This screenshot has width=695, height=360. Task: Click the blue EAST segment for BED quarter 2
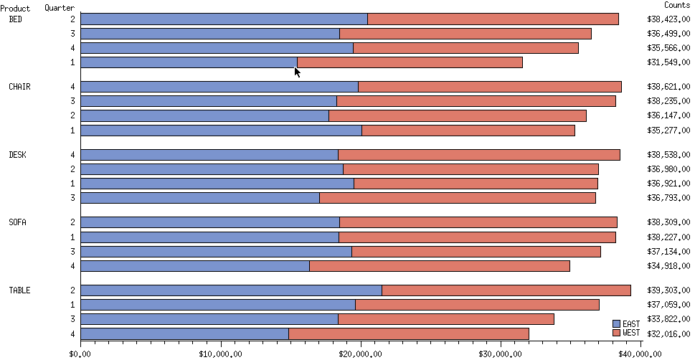click(224, 19)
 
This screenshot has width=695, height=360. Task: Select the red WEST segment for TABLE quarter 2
click(506, 290)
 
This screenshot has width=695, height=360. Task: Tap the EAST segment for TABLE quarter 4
click(184, 333)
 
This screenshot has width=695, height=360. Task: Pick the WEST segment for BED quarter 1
click(410, 62)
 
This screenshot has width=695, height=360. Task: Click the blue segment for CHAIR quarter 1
click(221, 131)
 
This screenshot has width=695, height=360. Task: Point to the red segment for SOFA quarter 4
click(440, 266)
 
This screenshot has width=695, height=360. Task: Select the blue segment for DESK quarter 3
click(200, 198)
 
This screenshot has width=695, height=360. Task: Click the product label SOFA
click(17, 222)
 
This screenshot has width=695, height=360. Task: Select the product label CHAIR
click(19, 87)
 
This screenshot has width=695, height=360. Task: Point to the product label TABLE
click(19, 290)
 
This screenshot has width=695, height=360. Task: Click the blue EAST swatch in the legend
click(616, 324)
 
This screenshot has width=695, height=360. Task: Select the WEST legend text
click(631, 333)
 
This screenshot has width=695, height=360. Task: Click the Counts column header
click(676, 6)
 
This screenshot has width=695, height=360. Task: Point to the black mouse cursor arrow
click(297, 71)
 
